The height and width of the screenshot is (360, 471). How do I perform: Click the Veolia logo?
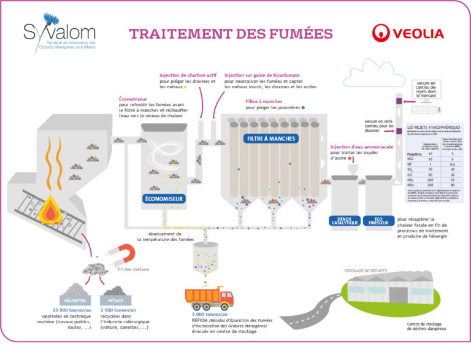tap(408, 32)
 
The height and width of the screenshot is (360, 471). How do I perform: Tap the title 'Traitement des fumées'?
tap(230, 33)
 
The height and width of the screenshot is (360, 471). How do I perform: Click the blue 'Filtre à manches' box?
tap(271, 139)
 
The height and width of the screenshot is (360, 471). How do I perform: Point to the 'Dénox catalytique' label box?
tap(344, 221)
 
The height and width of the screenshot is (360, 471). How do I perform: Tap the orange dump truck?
tap(209, 297)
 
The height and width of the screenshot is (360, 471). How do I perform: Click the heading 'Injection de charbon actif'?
tap(188, 75)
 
